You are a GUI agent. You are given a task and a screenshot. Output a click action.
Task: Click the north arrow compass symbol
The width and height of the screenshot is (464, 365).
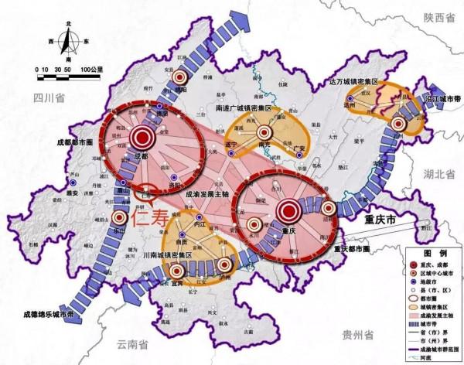coord(70,36)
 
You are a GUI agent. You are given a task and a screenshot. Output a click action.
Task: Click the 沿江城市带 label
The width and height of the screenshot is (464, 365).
coord(440,99)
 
